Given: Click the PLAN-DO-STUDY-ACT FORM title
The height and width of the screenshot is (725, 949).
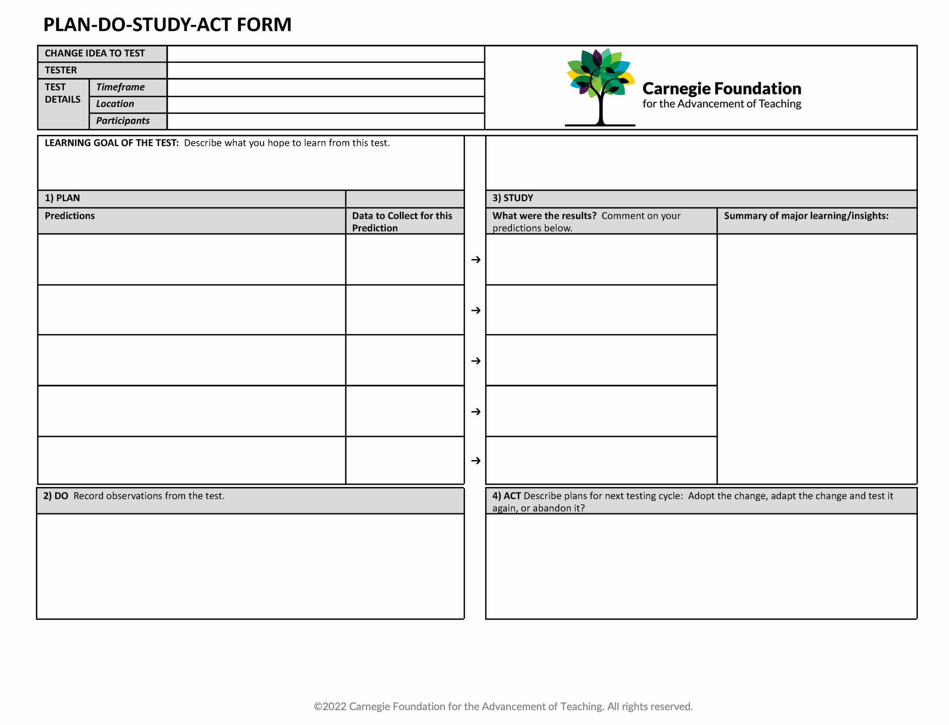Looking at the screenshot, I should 167,24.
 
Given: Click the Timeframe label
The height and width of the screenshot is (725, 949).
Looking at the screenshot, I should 120,87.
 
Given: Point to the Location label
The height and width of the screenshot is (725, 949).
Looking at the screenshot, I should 115,104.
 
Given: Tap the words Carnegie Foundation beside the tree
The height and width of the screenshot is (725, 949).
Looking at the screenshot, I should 721,88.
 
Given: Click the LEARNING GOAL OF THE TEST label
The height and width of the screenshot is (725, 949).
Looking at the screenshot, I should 112,143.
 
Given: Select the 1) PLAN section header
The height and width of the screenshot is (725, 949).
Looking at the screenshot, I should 62,198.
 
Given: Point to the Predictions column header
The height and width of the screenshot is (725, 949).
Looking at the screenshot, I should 70,216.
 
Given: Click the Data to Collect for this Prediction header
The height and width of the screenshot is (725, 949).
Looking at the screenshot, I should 402,221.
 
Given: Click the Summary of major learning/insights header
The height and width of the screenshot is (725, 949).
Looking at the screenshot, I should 806,216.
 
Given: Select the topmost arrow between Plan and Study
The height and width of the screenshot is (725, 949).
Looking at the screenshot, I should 476,259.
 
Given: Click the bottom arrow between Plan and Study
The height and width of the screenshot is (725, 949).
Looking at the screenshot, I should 476,461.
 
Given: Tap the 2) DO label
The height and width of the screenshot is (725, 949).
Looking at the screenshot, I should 56,496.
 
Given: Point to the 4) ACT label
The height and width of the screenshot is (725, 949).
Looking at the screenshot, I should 506,496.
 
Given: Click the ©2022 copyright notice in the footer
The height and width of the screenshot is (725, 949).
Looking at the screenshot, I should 503,706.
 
